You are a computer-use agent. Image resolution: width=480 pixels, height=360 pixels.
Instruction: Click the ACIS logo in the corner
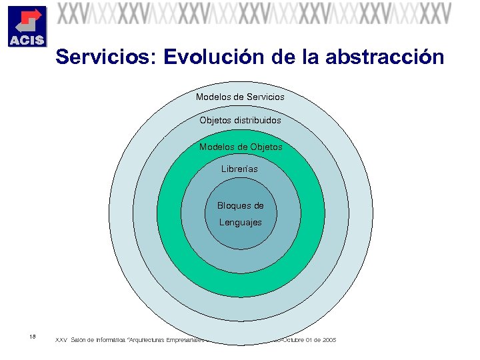[27, 26]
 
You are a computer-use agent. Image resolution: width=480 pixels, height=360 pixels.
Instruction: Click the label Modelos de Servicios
[240, 97]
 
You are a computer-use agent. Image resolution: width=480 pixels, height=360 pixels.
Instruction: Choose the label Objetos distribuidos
[240, 121]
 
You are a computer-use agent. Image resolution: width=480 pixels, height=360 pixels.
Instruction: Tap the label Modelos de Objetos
[240, 147]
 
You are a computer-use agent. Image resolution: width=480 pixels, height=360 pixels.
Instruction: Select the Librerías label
[239, 169]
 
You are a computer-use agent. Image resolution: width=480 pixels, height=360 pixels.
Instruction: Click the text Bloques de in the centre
[240, 206]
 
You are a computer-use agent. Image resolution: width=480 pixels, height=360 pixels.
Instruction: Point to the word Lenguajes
[240, 222]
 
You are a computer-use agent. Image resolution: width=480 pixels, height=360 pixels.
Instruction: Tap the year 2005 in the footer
[329, 341]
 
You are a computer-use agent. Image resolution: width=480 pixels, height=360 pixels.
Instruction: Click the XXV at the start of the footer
[61, 341]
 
